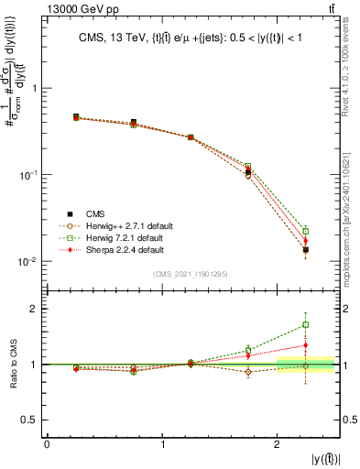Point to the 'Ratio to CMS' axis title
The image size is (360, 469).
13,363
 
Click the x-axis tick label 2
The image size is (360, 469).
278,444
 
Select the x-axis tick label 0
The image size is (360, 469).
47,444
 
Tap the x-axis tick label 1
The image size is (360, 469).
162,444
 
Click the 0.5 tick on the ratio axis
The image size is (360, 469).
30,420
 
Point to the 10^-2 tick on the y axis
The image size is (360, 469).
28,262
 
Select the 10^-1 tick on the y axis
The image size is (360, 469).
28,175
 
